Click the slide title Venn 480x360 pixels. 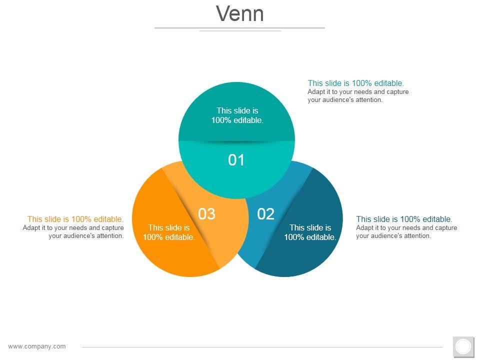coord(240,13)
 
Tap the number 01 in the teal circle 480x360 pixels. coord(236,160)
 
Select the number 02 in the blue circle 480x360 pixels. coord(266,214)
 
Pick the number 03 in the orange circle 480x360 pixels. coord(206,214)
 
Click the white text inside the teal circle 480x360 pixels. coord(236,115)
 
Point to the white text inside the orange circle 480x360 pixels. coord(169,232)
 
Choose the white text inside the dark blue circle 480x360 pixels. coord(310,232)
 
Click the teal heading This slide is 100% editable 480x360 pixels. coord(355,83)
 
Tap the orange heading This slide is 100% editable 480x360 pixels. coord(75,219)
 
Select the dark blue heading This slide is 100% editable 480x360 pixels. coord(404,219)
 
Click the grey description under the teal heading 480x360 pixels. coord(358,96)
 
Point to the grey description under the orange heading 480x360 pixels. coord(73,232)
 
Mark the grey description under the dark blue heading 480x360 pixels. coord(406,232)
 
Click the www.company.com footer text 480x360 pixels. coord(37,346)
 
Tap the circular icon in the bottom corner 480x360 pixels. coord(463,346)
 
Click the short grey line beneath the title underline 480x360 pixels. coord(240,31)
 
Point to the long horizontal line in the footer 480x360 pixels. coord(262,346)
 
